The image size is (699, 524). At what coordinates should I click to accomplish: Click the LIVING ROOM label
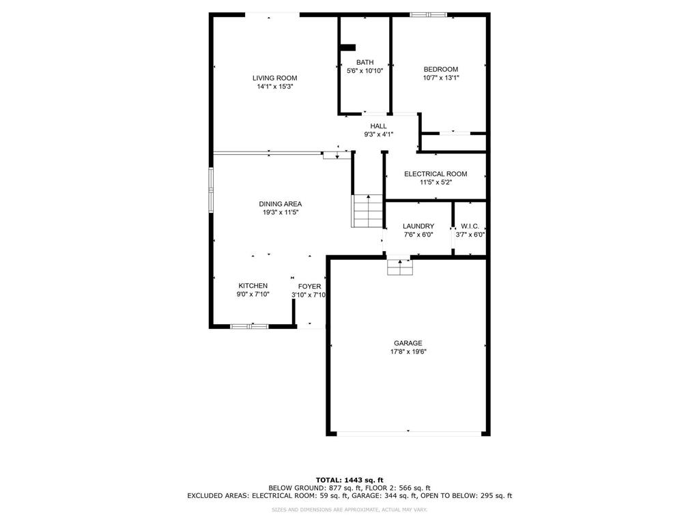click(x=274, y=78)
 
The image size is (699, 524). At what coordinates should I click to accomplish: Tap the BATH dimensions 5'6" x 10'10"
click(x=365, y=70)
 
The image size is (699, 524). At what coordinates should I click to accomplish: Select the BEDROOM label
click(x=440, y=69)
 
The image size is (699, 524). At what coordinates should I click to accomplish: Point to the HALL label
click(x=378, y=126)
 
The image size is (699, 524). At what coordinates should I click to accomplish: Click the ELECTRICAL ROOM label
click(x=436, y=174)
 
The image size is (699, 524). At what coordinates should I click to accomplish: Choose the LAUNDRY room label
click(x=418, y=226)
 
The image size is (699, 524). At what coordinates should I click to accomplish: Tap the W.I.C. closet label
click(x=470, y=226)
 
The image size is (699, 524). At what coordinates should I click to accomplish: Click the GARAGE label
click(x=408, y=343)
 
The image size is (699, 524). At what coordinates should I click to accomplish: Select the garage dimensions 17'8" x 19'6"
click(x=408, y=351)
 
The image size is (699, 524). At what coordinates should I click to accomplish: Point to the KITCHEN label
click(x=253, y=286)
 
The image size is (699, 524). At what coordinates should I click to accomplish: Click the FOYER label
click(x=309, y=287)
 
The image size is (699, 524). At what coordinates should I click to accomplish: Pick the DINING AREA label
click(x=281, y=204)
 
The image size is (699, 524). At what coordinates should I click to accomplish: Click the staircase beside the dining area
click(x=367, y=212)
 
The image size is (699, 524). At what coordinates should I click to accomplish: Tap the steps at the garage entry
click(x=400, y=267)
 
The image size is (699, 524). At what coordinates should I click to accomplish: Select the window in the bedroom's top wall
click(x=429, y=15)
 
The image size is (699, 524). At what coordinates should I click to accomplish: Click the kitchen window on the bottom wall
click(x=249, y=327)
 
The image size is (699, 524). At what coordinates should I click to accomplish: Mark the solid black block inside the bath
click(x=347, y=47)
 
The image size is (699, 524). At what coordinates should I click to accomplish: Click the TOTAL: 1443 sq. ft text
click(x=349, y=480)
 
